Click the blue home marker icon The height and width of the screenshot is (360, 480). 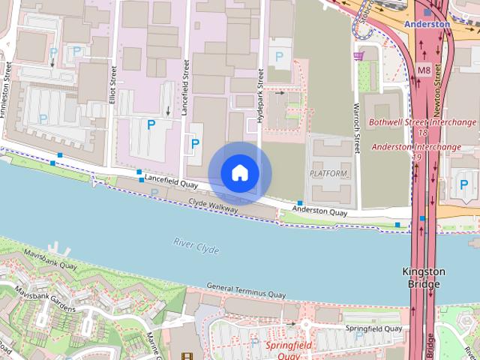240,173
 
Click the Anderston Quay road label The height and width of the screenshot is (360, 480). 320,212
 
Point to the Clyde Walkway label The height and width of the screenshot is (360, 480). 213,204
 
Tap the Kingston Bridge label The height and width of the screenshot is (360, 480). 424,277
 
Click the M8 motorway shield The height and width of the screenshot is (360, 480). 424,70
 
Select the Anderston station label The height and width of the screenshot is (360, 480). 427,24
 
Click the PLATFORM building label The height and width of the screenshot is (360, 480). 328,174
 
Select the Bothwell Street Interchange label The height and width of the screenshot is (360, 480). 424,122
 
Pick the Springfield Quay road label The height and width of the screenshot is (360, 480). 373,329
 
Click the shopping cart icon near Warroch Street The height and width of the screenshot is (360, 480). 359,55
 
